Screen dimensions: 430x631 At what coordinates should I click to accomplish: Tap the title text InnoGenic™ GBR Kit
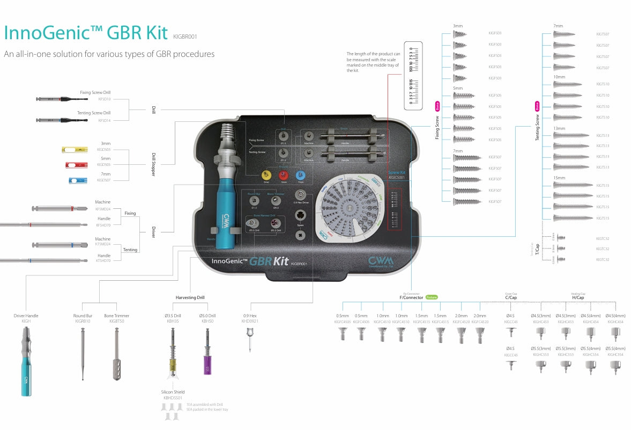(x=86, y=33)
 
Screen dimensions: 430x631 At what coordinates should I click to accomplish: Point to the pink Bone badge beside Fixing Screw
(x=437, y=105)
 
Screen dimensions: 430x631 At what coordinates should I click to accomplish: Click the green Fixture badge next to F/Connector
(x=432, y=297)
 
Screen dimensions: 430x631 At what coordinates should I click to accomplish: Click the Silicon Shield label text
(x=173, y=392)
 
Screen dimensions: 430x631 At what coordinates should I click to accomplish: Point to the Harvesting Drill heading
(x=190, y=297)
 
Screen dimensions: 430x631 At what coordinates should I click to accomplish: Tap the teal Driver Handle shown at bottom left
(x=26, y=354)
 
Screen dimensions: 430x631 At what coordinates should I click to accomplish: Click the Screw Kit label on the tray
(x=397, y=173)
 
